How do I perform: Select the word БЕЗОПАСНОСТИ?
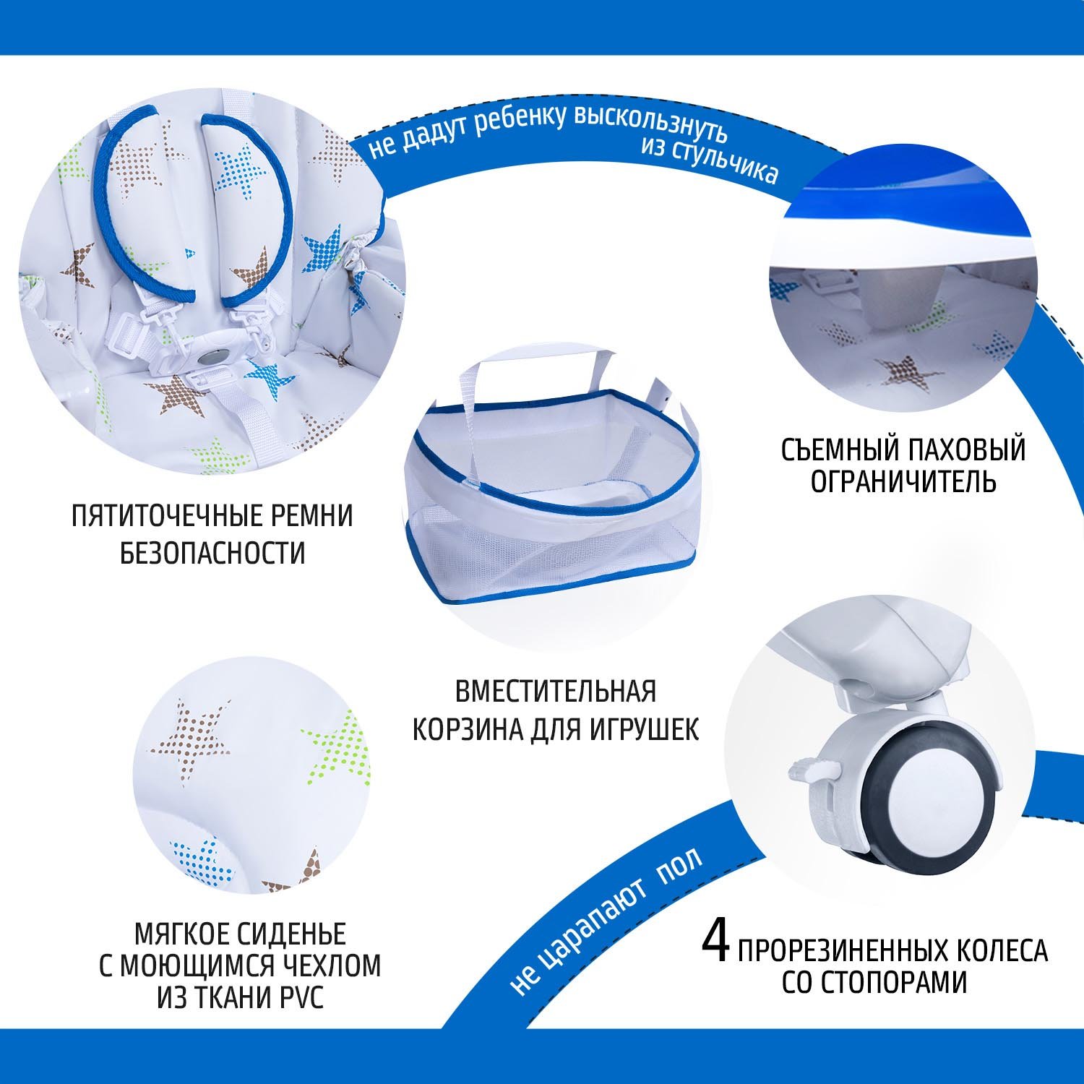coord(212,554)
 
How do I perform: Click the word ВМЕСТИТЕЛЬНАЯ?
coord(556,692)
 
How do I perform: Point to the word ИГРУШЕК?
coord(645,729)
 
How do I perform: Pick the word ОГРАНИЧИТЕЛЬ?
coord(903,481)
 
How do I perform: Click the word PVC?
coord(297,998)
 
